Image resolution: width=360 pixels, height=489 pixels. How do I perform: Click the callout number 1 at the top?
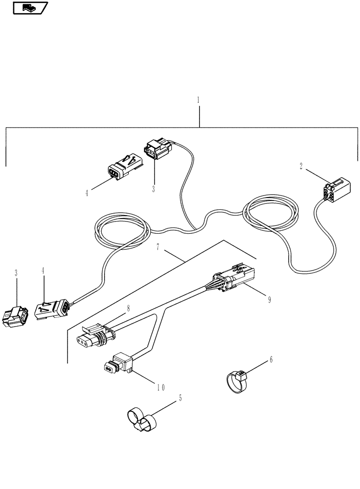pos(198,100)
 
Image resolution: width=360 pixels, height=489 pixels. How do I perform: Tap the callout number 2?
pos(301,166)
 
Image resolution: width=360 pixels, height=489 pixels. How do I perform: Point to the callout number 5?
pos(180,399)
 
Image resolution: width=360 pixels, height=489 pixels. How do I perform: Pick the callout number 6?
pos(271,360)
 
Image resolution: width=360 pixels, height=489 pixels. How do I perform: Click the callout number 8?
pos(128,309)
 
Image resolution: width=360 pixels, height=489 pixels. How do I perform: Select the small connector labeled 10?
pos(119,365)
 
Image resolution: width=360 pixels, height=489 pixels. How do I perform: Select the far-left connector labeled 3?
pos(16,317)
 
